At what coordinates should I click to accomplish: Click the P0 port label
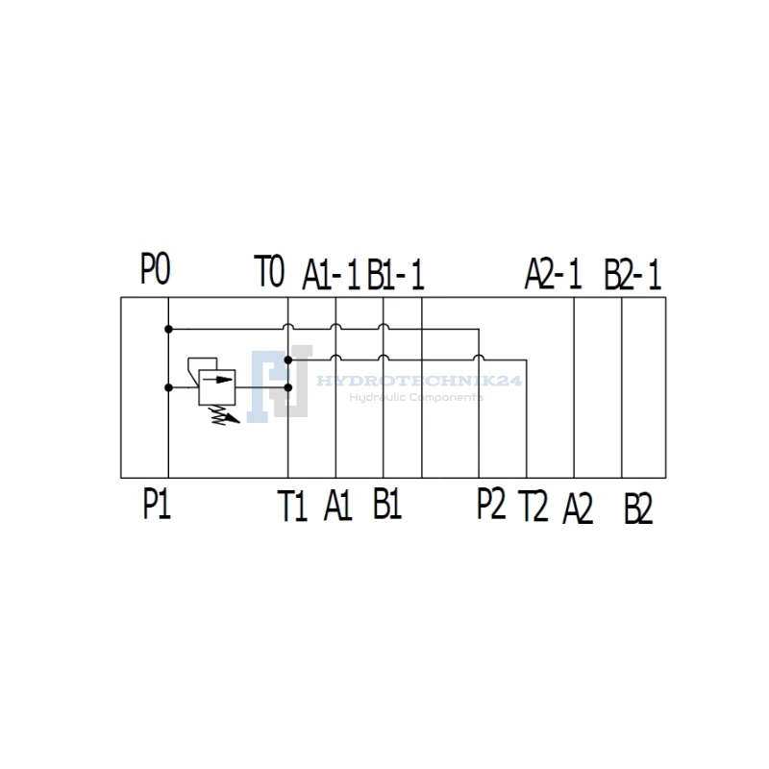pyautogui.click(x=156, y=268)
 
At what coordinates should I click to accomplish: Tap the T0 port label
pyautogui.click(x=269, y=271)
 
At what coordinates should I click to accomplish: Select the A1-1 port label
pyautogui.click(x=331, y=275)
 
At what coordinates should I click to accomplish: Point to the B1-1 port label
pyautogui.click(x=395, y=275)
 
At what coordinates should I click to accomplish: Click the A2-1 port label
pyautogui.click(x=554, y=274)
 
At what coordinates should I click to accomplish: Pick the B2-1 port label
pyautogui.click(x=633, y=275)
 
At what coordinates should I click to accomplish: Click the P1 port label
pyautogui.click(x=157, y=504)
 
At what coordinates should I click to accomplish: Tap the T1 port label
pyautogui.click(x=292, y=506)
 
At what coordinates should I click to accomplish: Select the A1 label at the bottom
pyautogui.click(x=338, y=506)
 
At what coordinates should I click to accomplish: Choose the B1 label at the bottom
pyautogui.click(x=387, y=504)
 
